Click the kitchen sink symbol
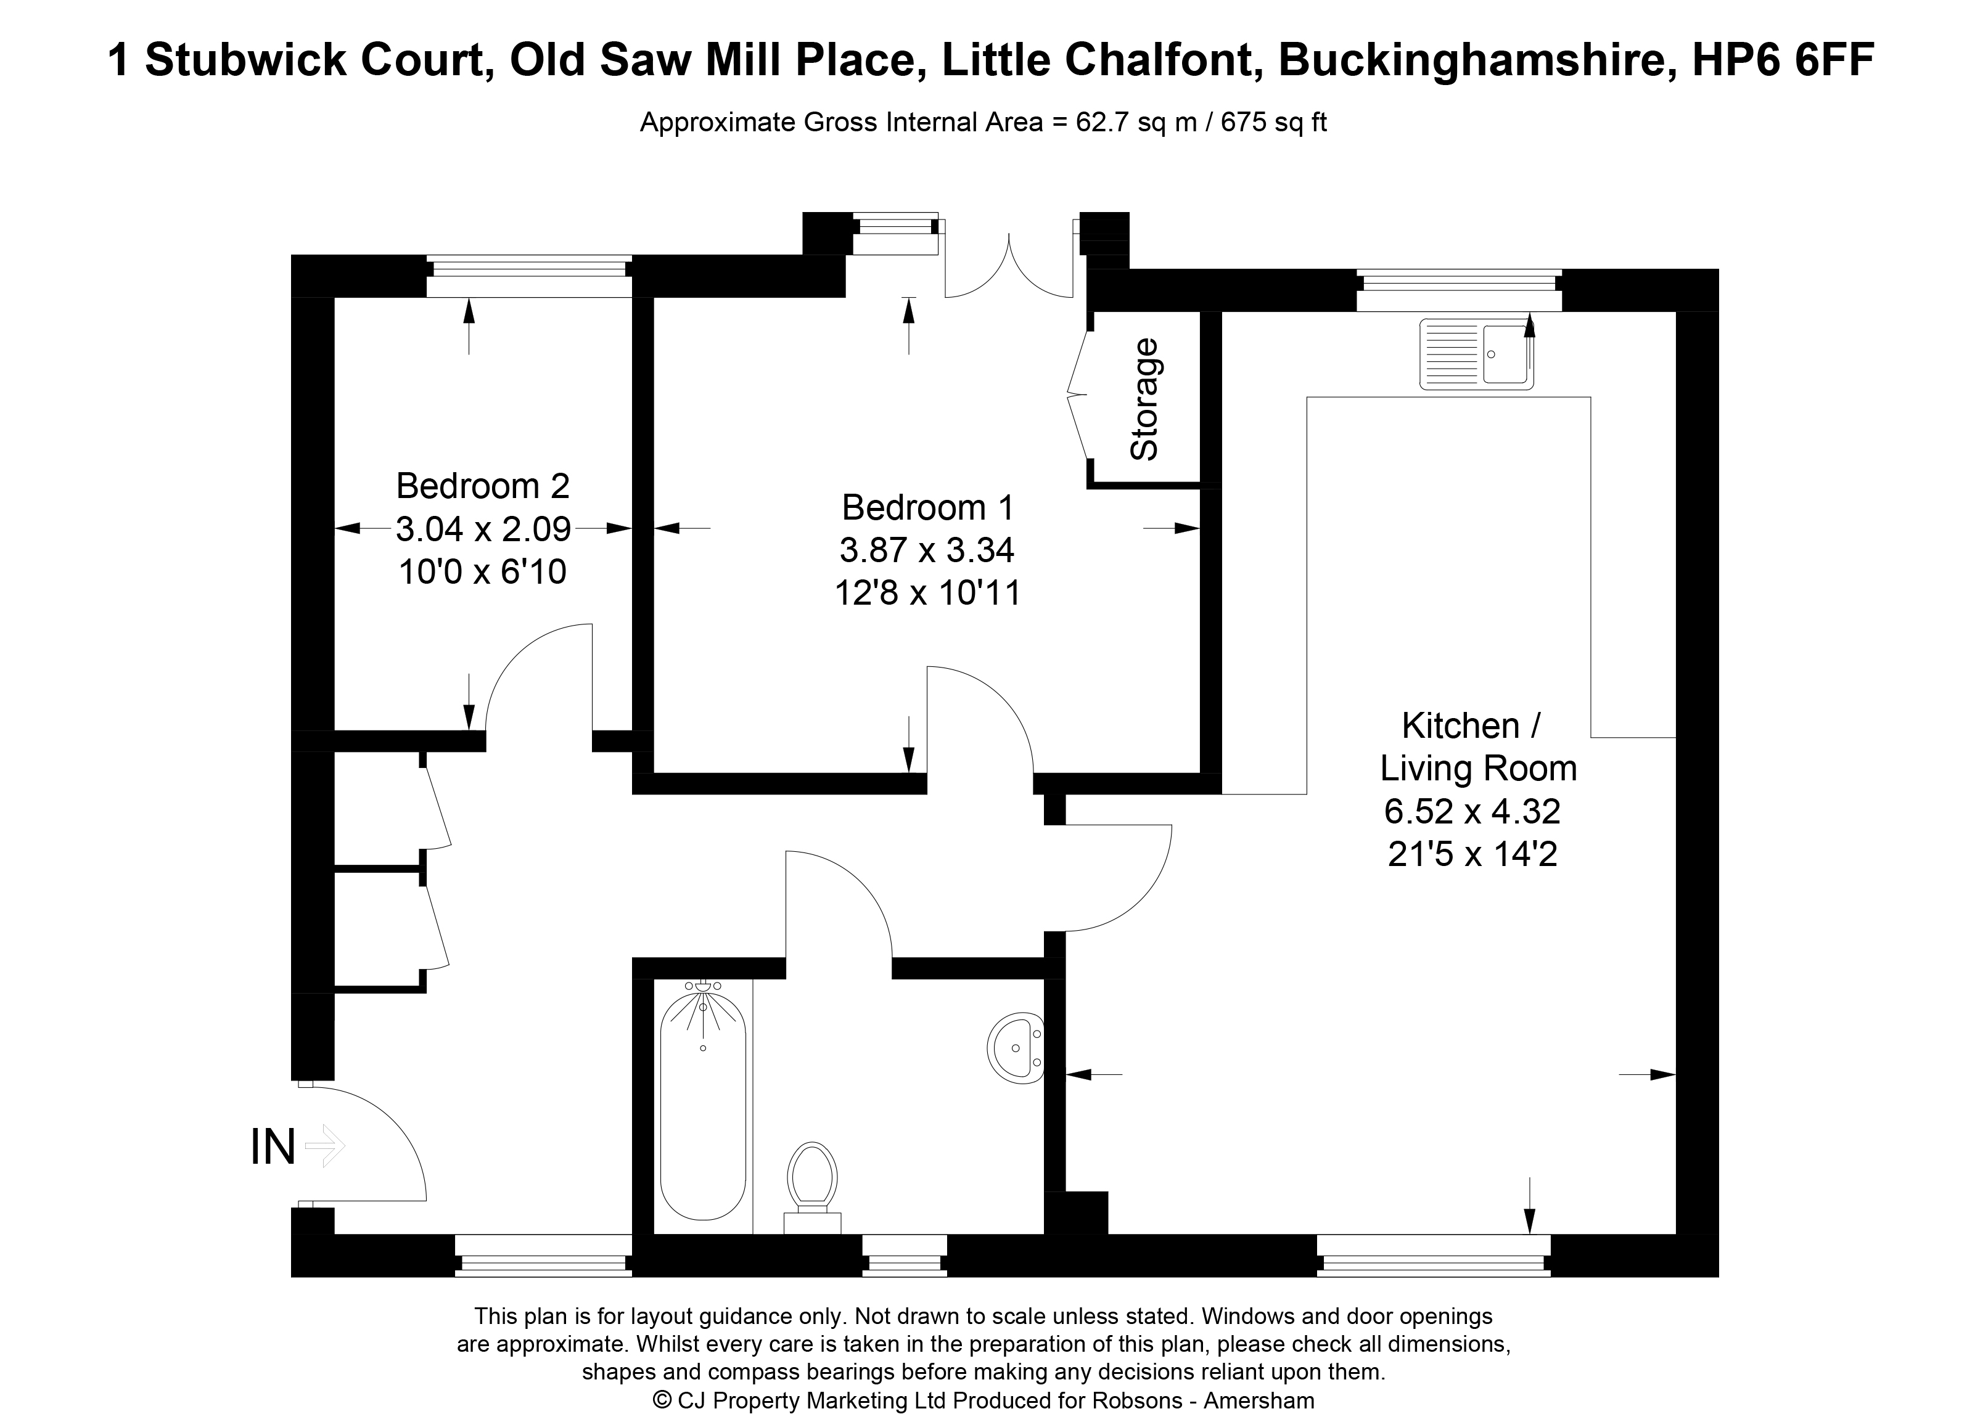(x=1476, y=353)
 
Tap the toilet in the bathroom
(x=813, y=1187)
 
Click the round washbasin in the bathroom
(x=1016, y=1047)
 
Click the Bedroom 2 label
(x=482, y=486)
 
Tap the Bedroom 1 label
(x=927, y=507)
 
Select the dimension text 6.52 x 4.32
(x=1472, y=812)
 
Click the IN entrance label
(x=273, y=1146)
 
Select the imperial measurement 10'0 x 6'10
(x=482, y=572)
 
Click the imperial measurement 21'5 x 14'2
(x=1472, y=855)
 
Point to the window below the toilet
(x=905, y=1255)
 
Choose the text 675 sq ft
(x=1274, y=122)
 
